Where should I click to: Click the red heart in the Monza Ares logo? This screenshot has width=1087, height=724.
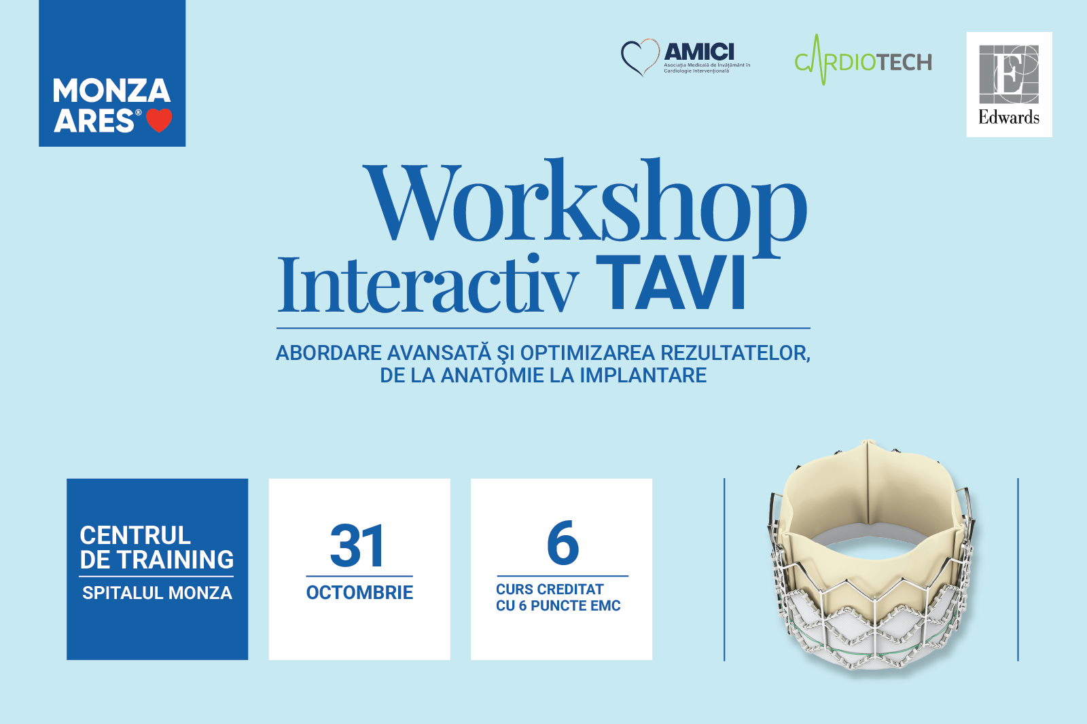tap(159, 120)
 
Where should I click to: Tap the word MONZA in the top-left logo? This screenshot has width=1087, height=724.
tap(111, 90)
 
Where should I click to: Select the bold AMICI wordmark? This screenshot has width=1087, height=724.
tap(699, 52)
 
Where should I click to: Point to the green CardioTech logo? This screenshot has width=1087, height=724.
tap(863, 60)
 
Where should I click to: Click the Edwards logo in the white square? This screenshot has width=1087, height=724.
tap(1009, 84)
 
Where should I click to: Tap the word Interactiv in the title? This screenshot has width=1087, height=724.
tap(428, 284)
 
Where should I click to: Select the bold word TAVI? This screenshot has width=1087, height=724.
tap(671, 283)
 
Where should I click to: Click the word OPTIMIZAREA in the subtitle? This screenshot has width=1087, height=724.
tap(588, 352)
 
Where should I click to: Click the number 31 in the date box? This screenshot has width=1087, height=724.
tap(357, 545)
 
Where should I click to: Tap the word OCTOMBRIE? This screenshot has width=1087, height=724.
tap(359, 592)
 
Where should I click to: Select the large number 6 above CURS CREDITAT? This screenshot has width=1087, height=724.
tap(563, 543)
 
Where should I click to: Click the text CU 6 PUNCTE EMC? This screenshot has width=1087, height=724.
tap(558, 606)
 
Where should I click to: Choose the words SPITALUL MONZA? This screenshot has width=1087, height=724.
tap(157, 593)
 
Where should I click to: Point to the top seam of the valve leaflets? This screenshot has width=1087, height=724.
tap(868, 485)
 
